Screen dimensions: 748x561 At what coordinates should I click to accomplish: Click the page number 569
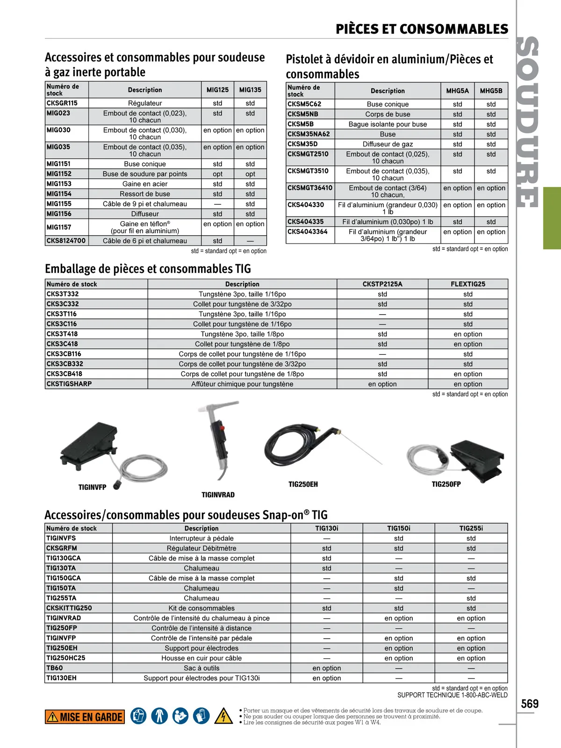point(530,704)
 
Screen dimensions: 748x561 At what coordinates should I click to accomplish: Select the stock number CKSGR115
point(62,103)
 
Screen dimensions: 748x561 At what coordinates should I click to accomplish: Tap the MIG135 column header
point(250,90)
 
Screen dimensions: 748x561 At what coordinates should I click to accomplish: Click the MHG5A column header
point(457,91)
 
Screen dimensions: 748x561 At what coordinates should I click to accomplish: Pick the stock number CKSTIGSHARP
point(69,384)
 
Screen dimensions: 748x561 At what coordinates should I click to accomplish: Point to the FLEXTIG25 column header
point(468,284)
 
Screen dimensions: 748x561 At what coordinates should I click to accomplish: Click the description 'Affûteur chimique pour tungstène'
point(242,384)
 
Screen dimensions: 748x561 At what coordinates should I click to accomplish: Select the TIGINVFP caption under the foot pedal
point(93,487)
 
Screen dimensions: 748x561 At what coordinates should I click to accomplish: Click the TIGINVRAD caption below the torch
point(218,495)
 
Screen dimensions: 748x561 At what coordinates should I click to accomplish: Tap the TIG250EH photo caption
point(303,484)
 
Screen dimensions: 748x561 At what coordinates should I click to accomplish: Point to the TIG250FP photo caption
point(446,484)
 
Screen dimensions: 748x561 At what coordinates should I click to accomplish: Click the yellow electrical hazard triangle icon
point(223,716)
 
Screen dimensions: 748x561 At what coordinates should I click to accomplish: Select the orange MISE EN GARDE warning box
point(85,717)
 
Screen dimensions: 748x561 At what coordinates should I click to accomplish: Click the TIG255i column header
point(471,528)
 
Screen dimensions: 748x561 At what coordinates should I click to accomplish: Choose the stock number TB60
point(55,668)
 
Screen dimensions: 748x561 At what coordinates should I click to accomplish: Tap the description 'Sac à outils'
point(201,668)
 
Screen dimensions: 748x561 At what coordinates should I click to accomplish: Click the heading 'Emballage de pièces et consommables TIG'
point(148,269)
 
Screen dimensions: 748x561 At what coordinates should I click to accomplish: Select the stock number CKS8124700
point(66,241)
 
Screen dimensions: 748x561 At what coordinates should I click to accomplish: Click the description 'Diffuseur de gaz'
point(388,144)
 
